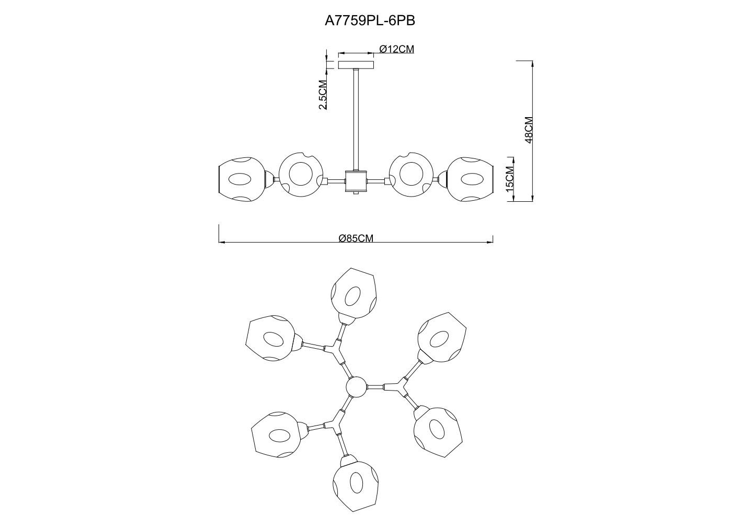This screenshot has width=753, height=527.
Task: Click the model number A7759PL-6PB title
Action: coord(370,20)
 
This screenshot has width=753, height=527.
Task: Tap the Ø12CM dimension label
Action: coord(396,49)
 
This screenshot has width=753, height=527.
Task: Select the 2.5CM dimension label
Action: coord(323,95)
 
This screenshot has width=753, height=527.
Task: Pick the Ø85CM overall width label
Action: coord(356,238)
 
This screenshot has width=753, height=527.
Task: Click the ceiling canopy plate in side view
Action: coord(356,65)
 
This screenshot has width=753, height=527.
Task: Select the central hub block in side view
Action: coord(356,181)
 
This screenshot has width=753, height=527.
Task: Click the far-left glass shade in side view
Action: coord(242,179)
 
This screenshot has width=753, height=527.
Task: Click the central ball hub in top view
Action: coord(357,387)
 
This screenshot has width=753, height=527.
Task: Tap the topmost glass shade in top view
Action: coord(353,293)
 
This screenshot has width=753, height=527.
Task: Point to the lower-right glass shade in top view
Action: coord(437,430)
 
